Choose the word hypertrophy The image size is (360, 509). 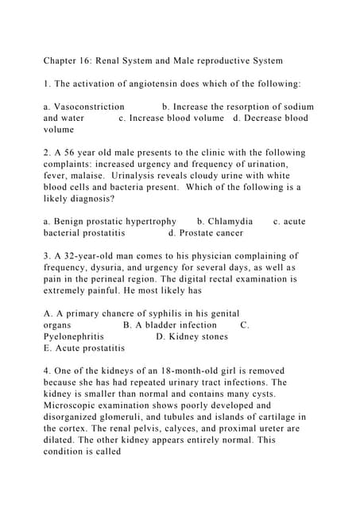click(147, 221)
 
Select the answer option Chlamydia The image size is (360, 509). click(230, 221)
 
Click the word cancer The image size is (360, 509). click(227, 233)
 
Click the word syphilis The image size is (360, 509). click(166, 313)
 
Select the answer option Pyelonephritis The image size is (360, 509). click(73, 336)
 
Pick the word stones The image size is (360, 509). click(213, 336)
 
